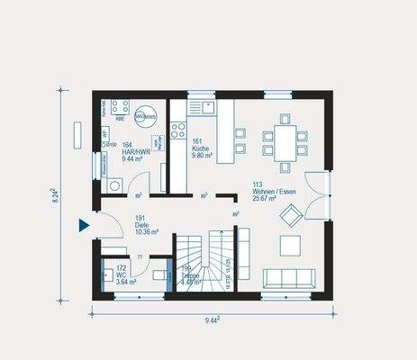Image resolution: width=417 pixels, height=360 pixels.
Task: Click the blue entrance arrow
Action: [84, 225]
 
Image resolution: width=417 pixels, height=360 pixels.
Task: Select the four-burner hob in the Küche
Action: [177, 130]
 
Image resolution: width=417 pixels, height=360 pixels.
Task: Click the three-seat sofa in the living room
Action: [291, 277]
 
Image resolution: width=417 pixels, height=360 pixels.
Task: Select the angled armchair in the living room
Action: [291, 215]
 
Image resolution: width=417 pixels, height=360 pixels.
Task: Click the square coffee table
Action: [290, 245]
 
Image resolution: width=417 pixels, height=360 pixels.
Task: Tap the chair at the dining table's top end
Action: [285, 118]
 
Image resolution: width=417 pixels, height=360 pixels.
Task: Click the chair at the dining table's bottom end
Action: [285, 166]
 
